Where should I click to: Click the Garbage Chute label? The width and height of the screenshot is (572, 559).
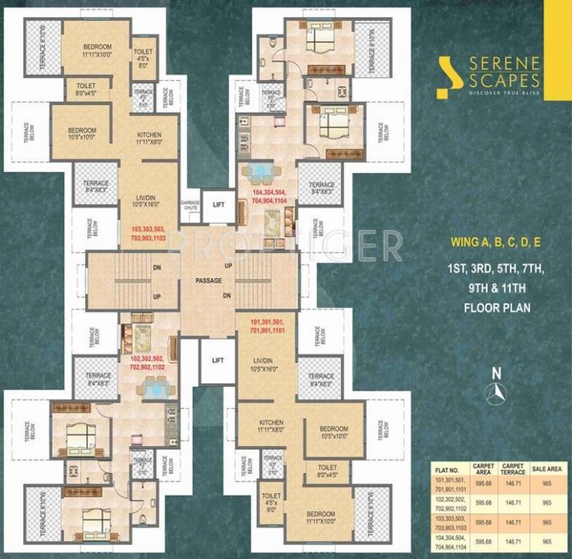click(x=190, y=205)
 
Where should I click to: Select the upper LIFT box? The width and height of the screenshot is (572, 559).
click(x=218, y=206)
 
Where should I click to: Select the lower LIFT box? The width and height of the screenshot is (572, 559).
click(x=217, y=360)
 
